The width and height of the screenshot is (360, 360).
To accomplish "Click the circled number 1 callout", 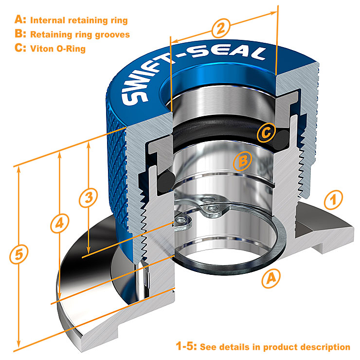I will pos(333,198).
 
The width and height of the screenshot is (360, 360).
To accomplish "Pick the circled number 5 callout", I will pos(18,254).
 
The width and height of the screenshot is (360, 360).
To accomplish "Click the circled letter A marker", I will pos(271,278).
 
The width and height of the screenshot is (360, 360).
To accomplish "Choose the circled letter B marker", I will pos(243,161).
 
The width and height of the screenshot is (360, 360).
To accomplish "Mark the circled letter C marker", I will pos(266,132).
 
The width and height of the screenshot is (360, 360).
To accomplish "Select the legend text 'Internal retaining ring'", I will pos(79,20).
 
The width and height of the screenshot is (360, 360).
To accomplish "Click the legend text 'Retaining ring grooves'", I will pos(80,35).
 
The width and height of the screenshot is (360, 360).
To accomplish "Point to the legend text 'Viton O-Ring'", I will pos(58,49).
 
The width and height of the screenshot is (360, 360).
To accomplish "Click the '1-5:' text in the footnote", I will pos(186,347).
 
